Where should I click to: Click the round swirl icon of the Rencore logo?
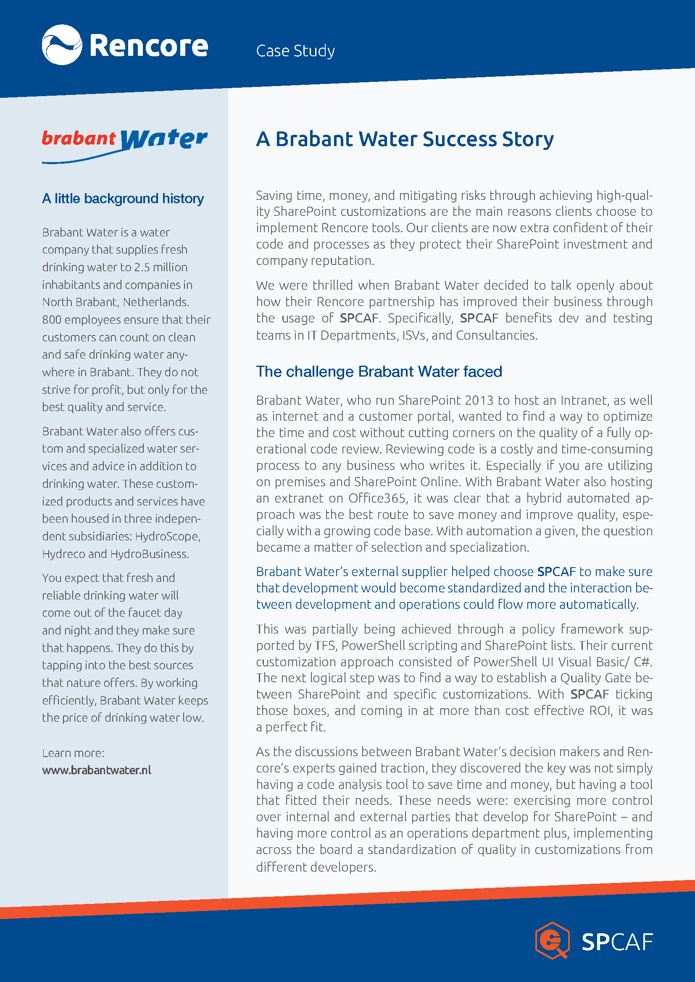point(62,45)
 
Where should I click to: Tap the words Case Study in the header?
point(295,51)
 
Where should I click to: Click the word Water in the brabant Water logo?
point(164,139)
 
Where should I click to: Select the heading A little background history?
point(123,199)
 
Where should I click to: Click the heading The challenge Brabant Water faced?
point(379,371)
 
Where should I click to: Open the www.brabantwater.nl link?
point(97,770)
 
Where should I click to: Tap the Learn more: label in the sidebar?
point(73,753)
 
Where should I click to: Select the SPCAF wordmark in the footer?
point(617,942)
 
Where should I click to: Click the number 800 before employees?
point(52,319)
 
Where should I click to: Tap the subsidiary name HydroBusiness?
point(149,554)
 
